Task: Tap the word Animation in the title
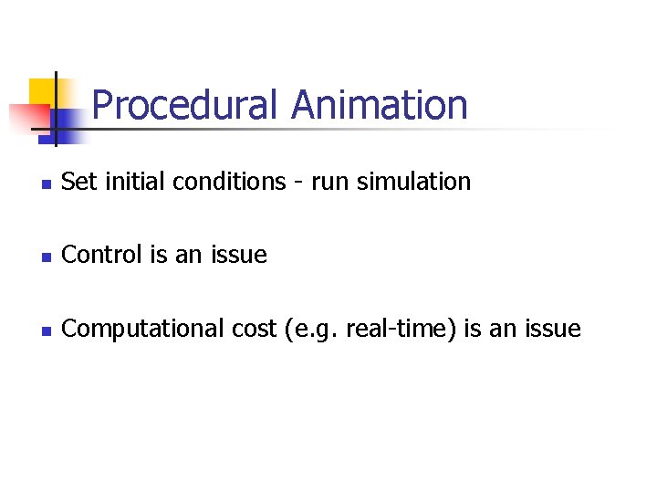point(379,106)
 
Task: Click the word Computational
point(141,329)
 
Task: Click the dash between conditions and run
point(297,183)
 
